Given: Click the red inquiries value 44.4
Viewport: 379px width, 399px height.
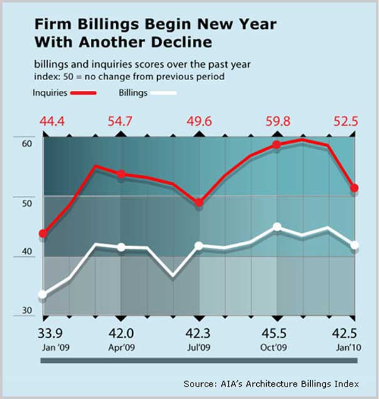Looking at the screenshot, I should click(x=43, y=121).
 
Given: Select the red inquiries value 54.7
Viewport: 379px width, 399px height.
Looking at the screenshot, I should click(x=120, y=121).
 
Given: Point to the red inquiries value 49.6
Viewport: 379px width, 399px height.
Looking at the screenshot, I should click(x=199, y=121).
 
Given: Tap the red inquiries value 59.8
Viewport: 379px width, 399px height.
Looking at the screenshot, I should click(x=278, y=121).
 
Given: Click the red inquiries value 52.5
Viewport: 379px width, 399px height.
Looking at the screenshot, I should click(x=345, y=121).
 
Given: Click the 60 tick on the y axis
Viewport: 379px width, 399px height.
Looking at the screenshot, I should click(x=26, y=143).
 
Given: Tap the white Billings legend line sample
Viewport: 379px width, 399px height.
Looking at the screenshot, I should click(x=164, y=93).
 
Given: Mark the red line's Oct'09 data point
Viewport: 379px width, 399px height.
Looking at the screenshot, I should click(x=277, y=145).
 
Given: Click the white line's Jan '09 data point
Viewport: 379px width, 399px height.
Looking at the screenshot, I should click(x=43, y=294).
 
